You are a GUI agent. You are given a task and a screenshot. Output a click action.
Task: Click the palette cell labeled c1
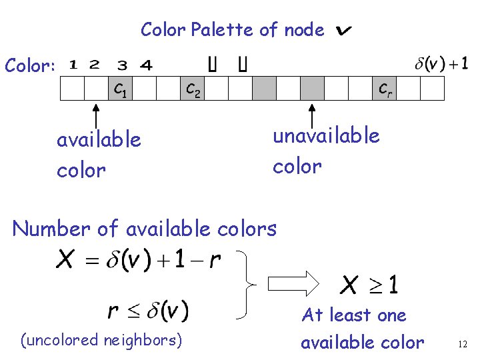[x=121, y=88]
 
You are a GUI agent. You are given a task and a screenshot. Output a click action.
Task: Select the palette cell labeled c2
[x=193, y=88]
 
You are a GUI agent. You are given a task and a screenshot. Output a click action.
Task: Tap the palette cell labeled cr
[x=385, y=88]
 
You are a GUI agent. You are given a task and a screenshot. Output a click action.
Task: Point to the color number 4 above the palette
[x=146, y=65]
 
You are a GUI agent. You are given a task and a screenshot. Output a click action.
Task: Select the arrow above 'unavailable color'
[x=311, y=114]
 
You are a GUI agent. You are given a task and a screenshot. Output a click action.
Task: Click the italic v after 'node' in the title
[x=344, y=31]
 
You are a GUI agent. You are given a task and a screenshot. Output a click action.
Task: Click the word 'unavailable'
[x=326, y=136]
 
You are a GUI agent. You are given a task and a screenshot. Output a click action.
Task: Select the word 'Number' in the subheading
[x=51, y=229]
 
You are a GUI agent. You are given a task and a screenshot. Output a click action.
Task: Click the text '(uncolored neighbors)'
[x=101, y=340]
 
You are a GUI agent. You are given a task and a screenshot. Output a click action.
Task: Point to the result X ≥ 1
[x=369, y=285]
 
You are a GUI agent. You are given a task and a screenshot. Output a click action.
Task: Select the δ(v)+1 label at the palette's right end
[x=441, y=64]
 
